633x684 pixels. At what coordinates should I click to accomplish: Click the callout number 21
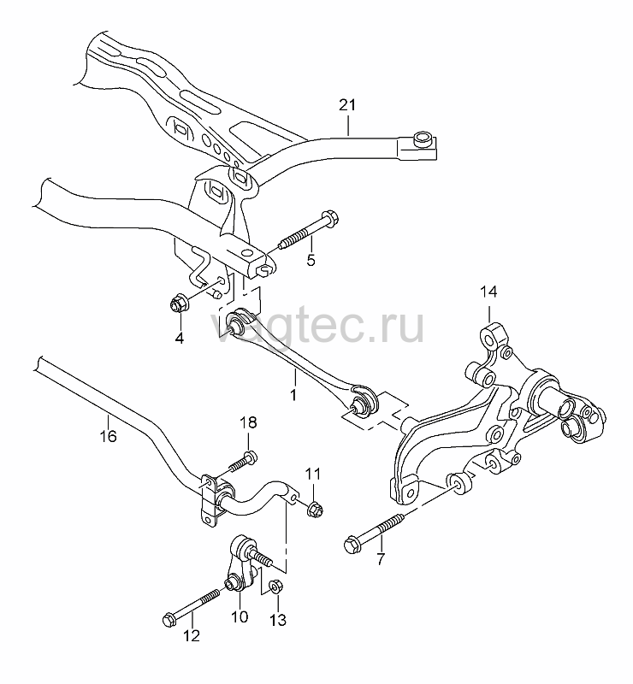(x=347, y=105)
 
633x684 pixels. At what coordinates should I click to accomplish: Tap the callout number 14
(x=488, y=292)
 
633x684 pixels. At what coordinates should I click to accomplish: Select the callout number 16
(x=109, y=436)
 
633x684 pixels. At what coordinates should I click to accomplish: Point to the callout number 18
(x=248, y=422)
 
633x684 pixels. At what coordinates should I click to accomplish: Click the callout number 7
(x=382, y=559)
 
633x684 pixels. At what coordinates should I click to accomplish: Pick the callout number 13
(x=278, y=619)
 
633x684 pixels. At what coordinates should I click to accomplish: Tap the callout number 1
(x=293, y=395)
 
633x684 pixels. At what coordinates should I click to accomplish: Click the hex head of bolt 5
(x=330, y=218)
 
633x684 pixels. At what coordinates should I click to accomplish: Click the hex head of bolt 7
(x=352, y=545)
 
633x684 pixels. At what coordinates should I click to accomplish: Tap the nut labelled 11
(x=314, y=510)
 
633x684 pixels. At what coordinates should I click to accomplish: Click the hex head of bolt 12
(x=169, y=619)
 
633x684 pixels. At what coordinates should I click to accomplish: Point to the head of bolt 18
(x=250, y=457)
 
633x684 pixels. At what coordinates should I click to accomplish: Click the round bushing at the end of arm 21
(x=423, y=139)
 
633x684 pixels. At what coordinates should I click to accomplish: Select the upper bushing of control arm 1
(x=240, y=321)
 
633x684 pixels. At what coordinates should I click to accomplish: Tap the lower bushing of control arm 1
(x=364, y=402)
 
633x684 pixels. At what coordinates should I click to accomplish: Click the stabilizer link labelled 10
(x=241, y=565)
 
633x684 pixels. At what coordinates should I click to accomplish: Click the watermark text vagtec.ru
(x=317, y=326)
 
